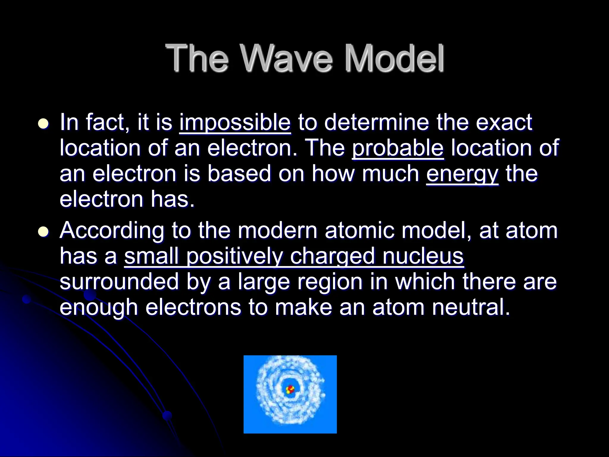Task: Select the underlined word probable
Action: [x=398, y=148]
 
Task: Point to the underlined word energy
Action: [x=462, y=174]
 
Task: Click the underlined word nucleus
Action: [x=423, y=256]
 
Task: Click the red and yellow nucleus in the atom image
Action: [x=290, y=389]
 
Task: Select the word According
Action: [x=112, y=231]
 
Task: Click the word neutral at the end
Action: [x=471, y=307]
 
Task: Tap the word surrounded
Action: [x=119, y=282]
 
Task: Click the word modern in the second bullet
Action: [x=277, y=231]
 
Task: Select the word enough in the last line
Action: [x=99, y=308]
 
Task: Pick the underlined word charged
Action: [x=332, y=256]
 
